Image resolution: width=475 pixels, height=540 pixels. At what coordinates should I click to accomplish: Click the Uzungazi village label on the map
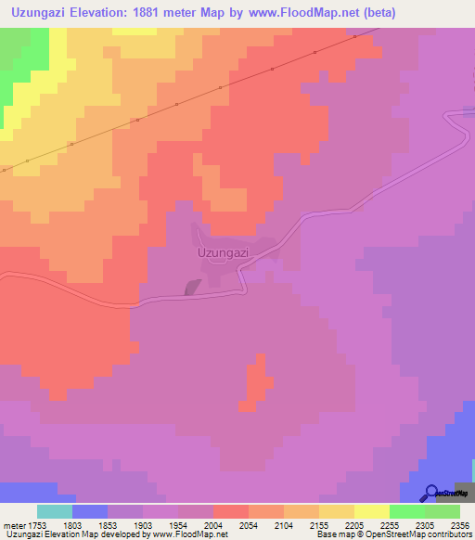pos(223,251)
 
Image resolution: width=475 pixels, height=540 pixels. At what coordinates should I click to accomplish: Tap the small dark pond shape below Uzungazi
pos(193,288)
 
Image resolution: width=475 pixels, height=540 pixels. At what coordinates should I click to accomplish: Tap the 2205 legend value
pos(354,526)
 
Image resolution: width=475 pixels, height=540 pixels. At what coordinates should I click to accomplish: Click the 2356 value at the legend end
pos(458,526)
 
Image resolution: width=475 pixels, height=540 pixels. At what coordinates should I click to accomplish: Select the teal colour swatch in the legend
pos(55,511)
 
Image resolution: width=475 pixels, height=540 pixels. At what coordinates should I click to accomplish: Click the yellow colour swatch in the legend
pos(371,511)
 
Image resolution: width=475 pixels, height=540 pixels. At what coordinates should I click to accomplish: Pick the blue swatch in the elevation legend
pos(89,511)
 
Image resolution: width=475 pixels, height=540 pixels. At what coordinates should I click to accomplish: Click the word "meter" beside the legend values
pos(12,526)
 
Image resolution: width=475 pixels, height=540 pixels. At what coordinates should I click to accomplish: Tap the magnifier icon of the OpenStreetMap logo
pos(430,493)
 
